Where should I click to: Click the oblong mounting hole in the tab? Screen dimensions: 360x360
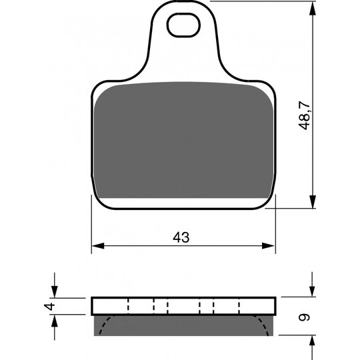tap(183, 25)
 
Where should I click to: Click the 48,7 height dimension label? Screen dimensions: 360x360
tap(305, 115)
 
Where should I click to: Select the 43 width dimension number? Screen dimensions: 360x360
tap(181, 237)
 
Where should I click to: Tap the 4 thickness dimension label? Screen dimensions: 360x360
tap(49, 307)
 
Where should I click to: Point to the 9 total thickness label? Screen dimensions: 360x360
tap(305, 317)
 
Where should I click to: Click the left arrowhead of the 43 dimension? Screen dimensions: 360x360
tap(98, 245)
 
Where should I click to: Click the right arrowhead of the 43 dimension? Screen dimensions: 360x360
tap(269, 245)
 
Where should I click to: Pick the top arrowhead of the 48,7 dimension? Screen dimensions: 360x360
tap(313, 8)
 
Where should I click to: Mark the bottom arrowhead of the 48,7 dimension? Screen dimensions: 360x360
tap(313, 202)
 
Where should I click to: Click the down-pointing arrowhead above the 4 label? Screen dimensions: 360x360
tap(55, 291)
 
